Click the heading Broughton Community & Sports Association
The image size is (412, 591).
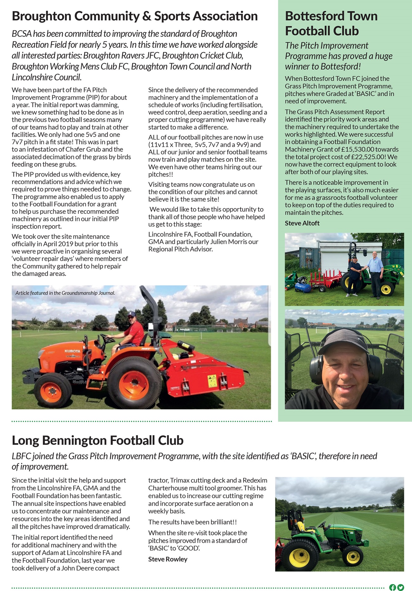click(135, 16)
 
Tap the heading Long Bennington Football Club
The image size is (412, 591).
click(98, 440)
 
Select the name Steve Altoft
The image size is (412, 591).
click(302, 223)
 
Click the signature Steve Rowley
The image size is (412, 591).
click(168, 559)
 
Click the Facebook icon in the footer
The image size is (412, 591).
click(392, 587)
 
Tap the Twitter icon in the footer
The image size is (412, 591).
click(401, 587)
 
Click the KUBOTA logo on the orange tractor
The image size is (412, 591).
click(72, 351)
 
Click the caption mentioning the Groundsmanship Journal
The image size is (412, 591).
click(65, 293)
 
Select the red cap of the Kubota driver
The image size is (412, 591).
click(132, 314)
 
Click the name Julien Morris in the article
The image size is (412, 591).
click(224, 242)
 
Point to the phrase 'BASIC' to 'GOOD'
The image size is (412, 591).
click(174, 548)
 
